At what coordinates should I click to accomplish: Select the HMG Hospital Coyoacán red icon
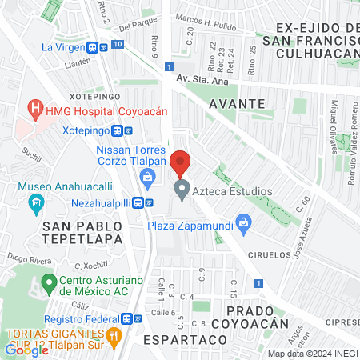34,106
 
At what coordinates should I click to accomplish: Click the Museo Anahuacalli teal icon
34,202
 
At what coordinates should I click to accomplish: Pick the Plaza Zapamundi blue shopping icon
245,226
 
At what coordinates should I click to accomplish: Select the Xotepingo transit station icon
118,130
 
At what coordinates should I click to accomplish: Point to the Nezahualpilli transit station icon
139,202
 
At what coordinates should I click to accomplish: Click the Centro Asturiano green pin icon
49,282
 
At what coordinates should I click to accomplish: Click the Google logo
26,350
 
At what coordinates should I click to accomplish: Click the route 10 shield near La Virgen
118,44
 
